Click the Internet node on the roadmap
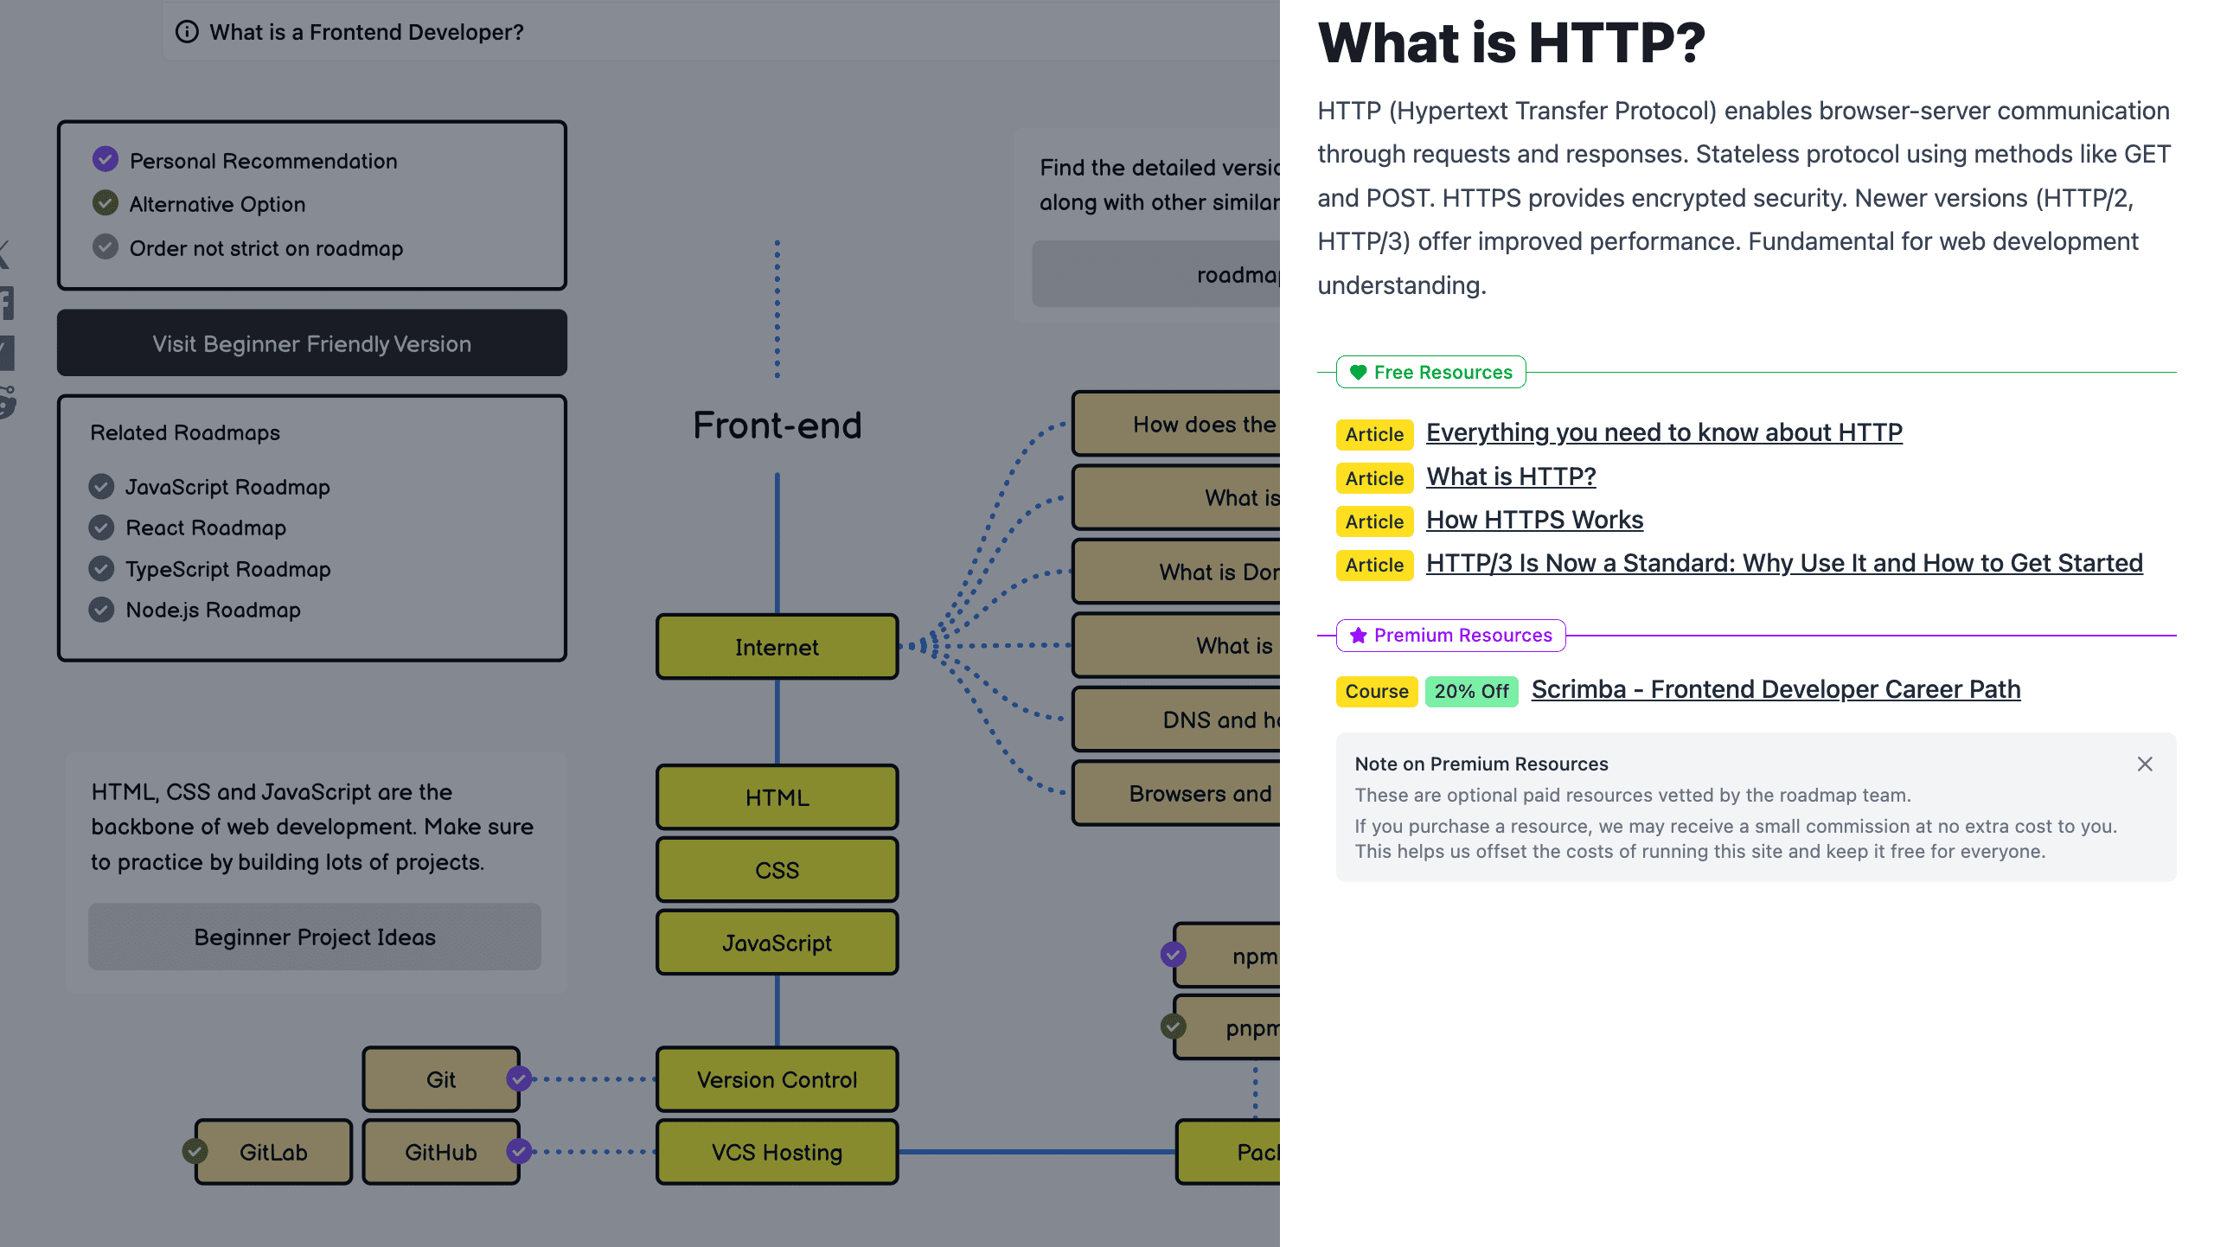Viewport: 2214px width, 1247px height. coord(777,647)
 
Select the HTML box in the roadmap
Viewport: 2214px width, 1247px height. coord(777,797)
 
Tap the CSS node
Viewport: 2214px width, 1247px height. coord(777,870)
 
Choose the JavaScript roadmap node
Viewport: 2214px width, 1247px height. coord(777,943)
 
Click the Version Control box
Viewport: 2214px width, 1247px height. coord(777,1079)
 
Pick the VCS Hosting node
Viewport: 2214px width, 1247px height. coord(777,1152)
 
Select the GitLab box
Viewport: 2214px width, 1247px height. coord(273,1152)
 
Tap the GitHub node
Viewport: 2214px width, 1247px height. coord(440,1152)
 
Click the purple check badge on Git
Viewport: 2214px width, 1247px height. coord(519,1078)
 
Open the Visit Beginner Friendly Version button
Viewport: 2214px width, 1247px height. coord(312,343)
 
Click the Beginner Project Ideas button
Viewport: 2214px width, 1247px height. coord(315,937)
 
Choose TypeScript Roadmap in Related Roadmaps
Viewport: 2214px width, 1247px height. coord(228,569)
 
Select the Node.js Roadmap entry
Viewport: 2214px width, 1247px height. coord(213,610)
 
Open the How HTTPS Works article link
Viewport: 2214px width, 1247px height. coord(1534,520)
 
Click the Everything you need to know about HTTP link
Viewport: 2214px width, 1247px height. coord(1664,432)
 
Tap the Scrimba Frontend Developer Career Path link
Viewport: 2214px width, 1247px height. coord(1776,689)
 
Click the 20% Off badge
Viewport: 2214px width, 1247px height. coord(1471,691)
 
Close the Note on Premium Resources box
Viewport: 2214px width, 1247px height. coord(2145,764)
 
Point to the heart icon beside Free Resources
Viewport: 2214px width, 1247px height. coord(1358,372)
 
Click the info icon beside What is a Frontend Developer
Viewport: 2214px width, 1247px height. coord(187,32)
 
